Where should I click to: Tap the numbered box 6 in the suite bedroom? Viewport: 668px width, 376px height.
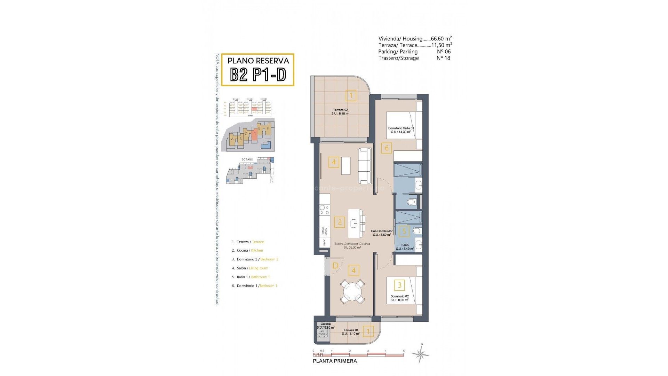click(x=387, y=148)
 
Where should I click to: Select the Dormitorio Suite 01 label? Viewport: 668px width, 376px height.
click(x=401, y=130)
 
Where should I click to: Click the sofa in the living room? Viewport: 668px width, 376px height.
click(x=365, y=166)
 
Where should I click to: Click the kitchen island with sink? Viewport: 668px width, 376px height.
click(x=355, y=223)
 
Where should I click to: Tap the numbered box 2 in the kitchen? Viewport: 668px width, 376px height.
click(x=340, y=222)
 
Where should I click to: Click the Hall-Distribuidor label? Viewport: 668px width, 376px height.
click(x=382, y=233)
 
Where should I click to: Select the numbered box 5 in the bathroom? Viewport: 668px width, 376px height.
click(x=404, y=231)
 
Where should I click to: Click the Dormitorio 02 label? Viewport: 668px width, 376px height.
click(x=399, y=298)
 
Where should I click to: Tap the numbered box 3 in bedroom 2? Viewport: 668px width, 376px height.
click(x=399, y=285)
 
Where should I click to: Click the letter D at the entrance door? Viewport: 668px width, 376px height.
click(x=335, y=266)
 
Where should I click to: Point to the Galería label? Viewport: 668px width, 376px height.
click(x=326, y=324)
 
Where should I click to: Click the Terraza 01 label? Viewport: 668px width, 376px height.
click(x=350, y=332)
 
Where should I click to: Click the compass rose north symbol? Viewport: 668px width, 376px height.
click(x=421, y=354)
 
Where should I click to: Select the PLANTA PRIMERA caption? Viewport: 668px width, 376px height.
click(x=335, y=361)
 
